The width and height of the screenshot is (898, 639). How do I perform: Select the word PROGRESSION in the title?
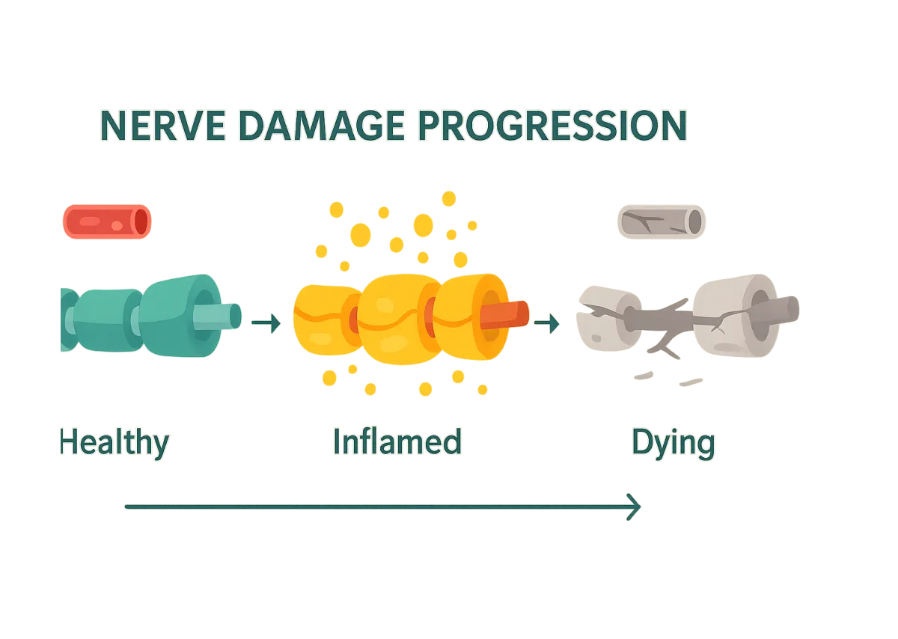point(547,126)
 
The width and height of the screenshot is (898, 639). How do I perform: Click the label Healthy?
point(114,443)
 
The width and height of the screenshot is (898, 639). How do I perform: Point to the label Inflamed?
point(397,441)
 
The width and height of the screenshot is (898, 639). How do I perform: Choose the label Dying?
point(673,443)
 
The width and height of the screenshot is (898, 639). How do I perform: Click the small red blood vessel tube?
point(105,221)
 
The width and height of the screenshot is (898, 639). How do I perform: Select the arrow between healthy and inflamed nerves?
point(266,323)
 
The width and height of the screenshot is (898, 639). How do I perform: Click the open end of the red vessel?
point(141,221)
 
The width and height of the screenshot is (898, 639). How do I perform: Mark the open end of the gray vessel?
point(694,221)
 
